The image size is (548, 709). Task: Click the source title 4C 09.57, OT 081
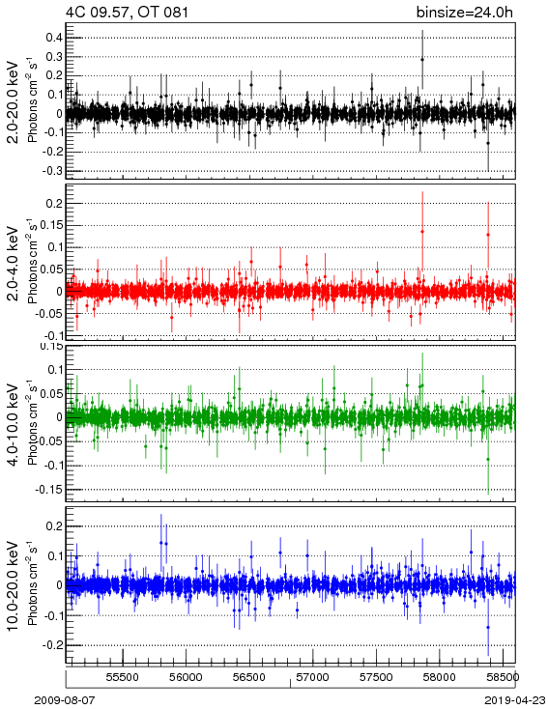click(127, 13)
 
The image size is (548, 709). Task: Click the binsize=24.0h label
click(465, 13)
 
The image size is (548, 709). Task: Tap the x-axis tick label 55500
click(123, 677)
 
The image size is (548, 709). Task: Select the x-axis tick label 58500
click(503, 677)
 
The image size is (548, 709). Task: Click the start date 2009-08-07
click(65, 700)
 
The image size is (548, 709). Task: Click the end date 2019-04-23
click(515, 700)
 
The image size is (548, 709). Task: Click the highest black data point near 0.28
click(422, 59)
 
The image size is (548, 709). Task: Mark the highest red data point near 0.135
click(422, 232)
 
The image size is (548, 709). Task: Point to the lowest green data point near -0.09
click(488, 459)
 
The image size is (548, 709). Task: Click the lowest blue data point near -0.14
click(488, 627)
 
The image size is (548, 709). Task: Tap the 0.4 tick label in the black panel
click(54, 37)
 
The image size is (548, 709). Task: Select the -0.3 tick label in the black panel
click(52, 171)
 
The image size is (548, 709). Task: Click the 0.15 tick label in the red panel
click(52, 225)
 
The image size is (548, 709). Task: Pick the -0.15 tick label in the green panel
click(49, 489)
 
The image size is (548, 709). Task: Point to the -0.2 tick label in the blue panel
click(52, 645)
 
